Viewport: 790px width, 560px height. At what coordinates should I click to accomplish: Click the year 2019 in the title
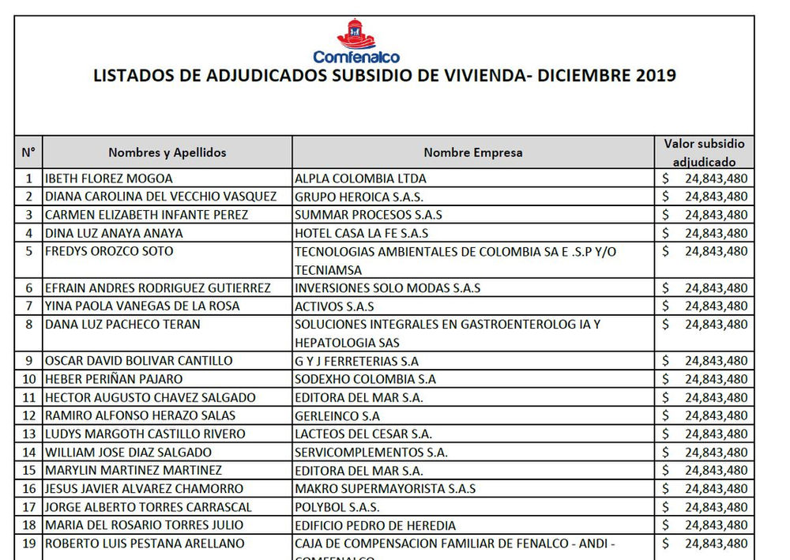point(650,77)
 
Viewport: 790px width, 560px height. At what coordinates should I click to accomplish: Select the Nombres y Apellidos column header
point(167,152)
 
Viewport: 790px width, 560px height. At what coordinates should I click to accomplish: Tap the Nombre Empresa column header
point(472,152)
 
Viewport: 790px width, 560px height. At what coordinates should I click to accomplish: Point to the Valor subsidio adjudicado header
point(704,152)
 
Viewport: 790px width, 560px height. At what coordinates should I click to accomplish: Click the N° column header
point(28,152)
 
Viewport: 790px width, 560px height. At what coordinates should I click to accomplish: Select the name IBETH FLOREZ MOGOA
point(109,179)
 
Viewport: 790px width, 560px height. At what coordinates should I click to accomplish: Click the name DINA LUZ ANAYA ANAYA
point(114,233)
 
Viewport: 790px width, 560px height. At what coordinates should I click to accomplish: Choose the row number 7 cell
point(28,306)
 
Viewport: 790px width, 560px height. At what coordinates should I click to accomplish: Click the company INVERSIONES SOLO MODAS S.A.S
point(387,288)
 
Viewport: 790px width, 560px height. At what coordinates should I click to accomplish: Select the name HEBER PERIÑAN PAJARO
point(114,379)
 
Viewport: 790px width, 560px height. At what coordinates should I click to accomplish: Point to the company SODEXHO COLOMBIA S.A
point(364,379)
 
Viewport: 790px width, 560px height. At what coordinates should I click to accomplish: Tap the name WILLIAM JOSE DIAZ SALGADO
point(128,452)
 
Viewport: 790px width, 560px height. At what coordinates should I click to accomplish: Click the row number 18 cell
point(28,524)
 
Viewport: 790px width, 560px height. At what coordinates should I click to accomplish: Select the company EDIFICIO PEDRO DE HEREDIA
point(374,524)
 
